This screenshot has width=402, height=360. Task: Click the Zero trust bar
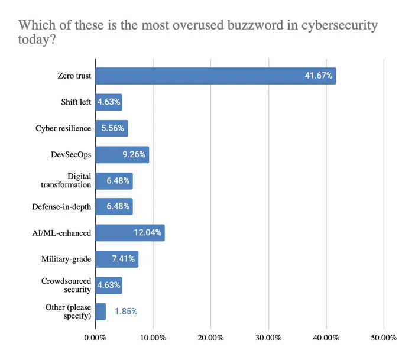click(x=216, y=76)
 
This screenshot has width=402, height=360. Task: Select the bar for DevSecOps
click(x=122, y=155)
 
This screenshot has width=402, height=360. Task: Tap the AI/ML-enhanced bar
click(x=130, y=233)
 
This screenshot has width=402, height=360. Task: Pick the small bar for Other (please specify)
click(x=100, y=312)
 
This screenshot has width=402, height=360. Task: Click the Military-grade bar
click(x=117, y=260)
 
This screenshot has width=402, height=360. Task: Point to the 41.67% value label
click(x=319, y=76)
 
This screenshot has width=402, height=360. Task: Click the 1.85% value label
click(x=126, y=312)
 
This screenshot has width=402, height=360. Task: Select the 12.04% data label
click(x=148, y=232)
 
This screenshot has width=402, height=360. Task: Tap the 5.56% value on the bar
click(x=113, y=128)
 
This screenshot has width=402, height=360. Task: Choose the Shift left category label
click(x=76, y=102)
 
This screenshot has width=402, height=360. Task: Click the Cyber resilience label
click(x=63, y=128)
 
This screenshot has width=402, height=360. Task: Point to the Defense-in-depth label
click(x=61, y=207)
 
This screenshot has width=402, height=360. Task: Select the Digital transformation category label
click(x=66, y=180)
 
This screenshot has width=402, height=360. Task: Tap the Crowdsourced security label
click(x=66, y=285)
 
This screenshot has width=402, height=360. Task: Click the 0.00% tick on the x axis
click(x=95, y=338)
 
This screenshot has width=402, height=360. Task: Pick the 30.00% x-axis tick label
click(x=268, y=338)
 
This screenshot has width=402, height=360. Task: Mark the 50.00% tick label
click(x=384, y=338)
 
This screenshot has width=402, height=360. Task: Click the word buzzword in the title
click(x=255, y=25)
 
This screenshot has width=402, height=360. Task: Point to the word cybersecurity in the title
click(x=339, y=25)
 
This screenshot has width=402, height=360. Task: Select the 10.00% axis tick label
click(x=153, y=338)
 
